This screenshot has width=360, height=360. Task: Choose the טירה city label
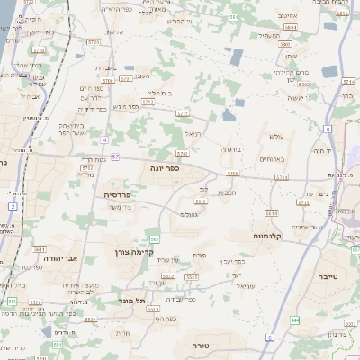(201, 345)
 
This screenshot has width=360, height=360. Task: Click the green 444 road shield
(295, 319)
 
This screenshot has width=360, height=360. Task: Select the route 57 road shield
(104, 140)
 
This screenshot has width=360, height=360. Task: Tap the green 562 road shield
(155, 238)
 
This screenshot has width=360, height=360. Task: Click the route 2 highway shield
(13, 206)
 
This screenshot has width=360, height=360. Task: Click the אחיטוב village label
(288, 15)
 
